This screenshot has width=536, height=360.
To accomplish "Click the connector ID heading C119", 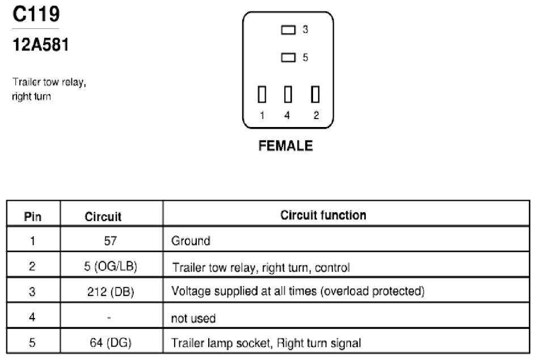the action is point(36,14).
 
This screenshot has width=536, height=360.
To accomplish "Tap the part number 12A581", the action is point(41,45).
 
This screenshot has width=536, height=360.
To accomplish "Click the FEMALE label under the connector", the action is point(286,146).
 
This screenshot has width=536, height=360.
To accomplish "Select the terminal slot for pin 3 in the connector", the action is point(288,30).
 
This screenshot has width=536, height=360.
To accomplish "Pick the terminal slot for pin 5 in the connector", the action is point(288,57).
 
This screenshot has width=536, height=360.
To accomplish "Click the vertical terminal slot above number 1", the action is point(262,94).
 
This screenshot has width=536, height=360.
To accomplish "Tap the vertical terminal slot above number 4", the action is point(288,94).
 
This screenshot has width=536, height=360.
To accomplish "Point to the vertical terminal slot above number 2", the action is point(315,94).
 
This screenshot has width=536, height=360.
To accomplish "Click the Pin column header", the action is point(33,217).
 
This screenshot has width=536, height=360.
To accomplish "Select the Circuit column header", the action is point(103,217).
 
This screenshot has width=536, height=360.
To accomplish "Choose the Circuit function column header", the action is point(323,215).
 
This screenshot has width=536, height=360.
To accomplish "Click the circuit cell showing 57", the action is point(111,241).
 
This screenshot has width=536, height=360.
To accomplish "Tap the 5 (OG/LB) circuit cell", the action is point(111,266).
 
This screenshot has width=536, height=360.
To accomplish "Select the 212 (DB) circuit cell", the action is point(111,292).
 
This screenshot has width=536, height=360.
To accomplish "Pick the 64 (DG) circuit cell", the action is point(111,342).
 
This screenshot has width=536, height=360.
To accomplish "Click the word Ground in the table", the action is point(191,241).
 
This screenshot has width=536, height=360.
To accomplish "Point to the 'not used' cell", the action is point(193,318).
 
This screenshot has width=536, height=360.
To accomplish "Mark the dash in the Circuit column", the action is point(109,317).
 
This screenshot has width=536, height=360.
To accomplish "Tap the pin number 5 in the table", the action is point(32,342).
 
